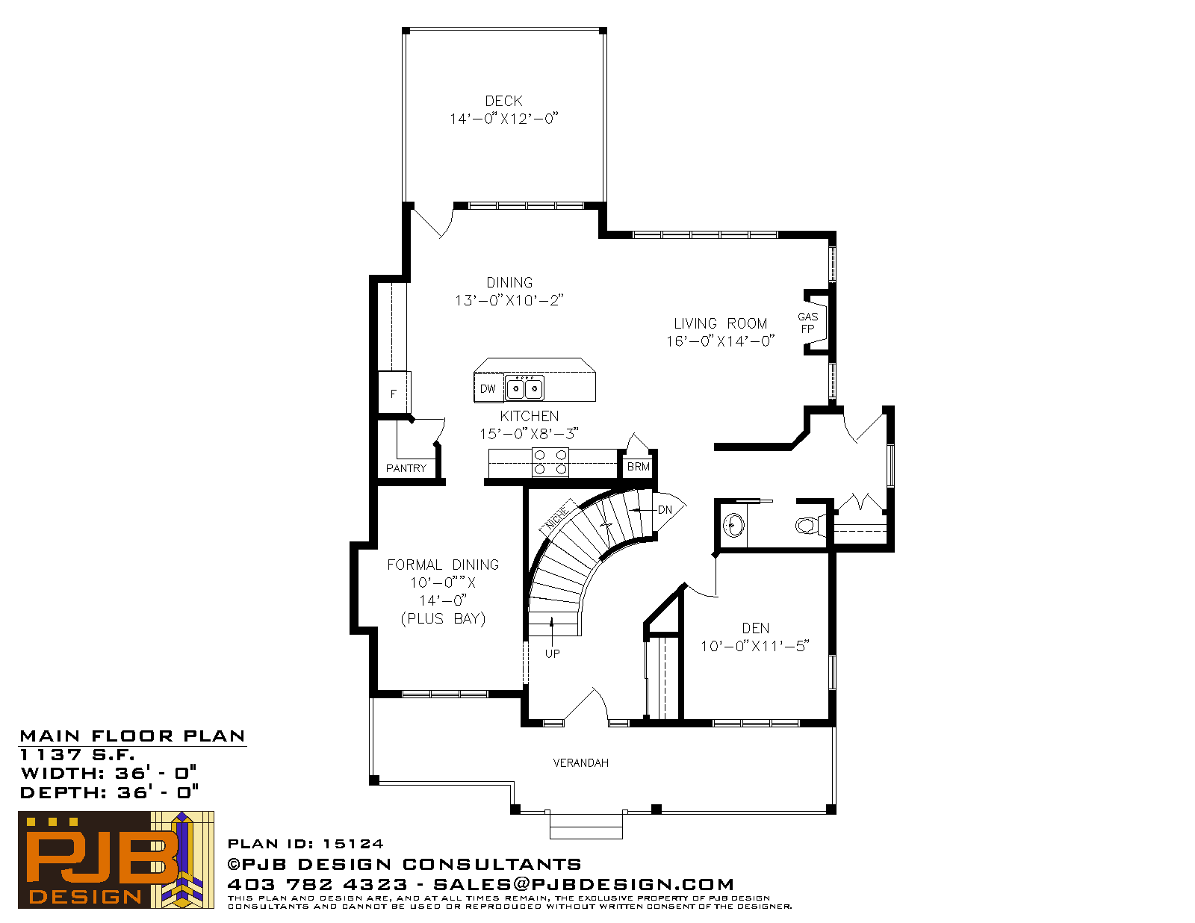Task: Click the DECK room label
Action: pos(503,101)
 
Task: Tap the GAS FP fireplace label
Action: pos(807,323)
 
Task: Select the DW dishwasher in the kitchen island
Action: pos(488,388)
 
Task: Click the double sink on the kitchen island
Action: pos(524,388)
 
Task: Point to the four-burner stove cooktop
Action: pos(550,462)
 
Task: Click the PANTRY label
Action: pos(406,468)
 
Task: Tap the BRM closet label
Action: pos(638,467)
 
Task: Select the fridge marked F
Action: pos(394,393)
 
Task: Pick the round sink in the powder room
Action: pos(733,526)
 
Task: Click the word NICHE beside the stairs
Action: pos(557,515)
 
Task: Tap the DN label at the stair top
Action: pos(665,509)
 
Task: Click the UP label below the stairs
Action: pos(552,653)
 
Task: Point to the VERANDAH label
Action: pos(581,763)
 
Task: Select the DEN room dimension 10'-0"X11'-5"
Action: pos(754,646)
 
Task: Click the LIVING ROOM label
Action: pos(721,323)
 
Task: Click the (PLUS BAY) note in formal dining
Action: pos(443,619)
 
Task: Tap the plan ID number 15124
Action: pos(353,844)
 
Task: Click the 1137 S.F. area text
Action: pos(77,754)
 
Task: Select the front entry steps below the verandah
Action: pos(586,826)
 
